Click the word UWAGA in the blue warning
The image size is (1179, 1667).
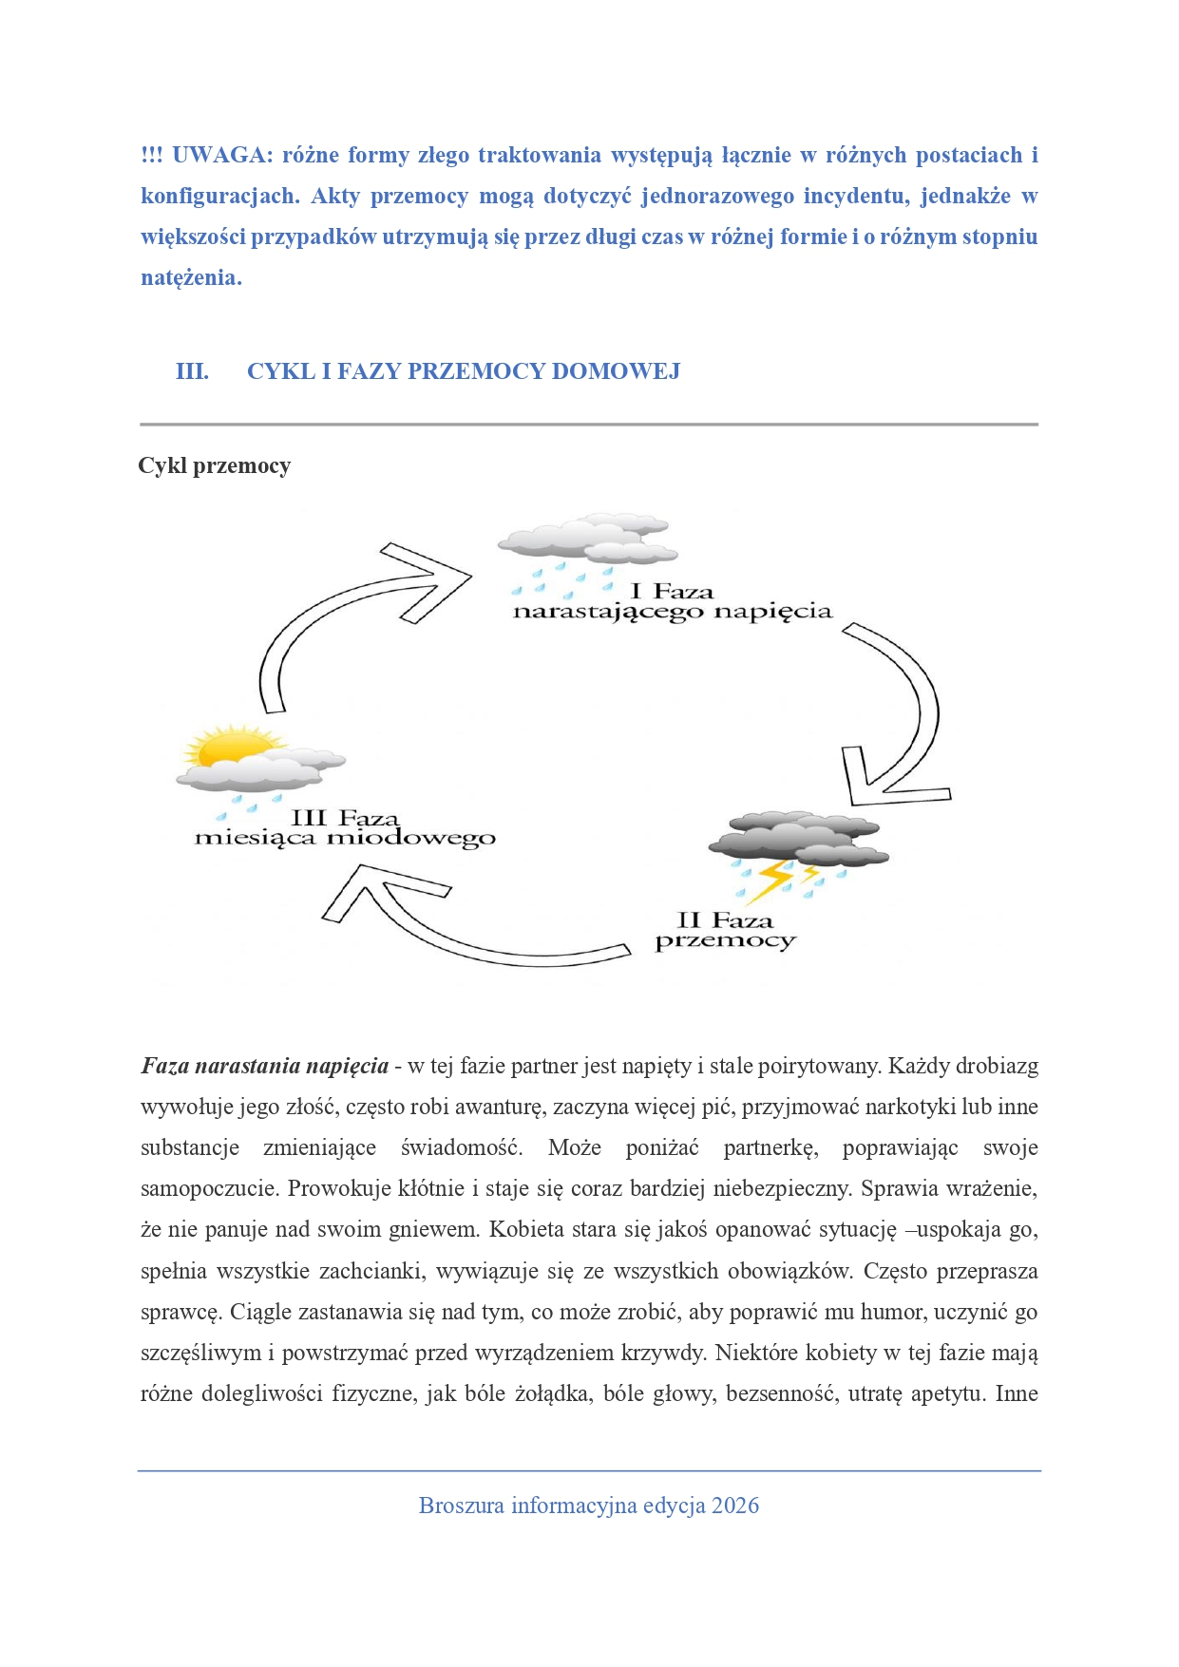221,156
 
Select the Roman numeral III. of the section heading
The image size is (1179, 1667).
192,371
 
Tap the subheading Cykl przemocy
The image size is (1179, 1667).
215,465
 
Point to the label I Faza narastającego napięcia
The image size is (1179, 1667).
672,602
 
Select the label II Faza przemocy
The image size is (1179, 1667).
725,931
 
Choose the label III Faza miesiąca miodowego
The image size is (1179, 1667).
345,828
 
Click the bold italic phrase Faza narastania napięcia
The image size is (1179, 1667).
265,1066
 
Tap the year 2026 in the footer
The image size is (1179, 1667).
735,1506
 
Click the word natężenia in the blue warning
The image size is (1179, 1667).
191,278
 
